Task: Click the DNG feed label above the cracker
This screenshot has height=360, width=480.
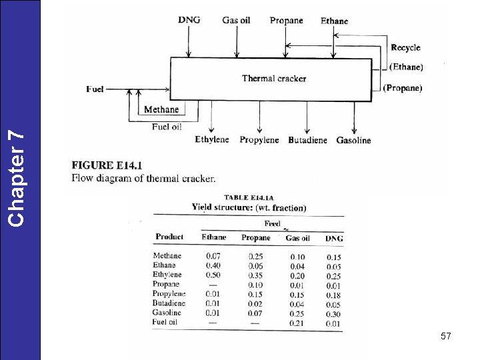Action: pyautogui.click(x=189, y=21)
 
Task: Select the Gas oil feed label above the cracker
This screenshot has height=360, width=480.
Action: pyautogui.click(x=236, y=21)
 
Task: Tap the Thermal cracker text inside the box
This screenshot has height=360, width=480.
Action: pyautogui.click(x=274, y=79)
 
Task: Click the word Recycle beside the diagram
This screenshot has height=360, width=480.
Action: pyautogui.click(x=405, y=47)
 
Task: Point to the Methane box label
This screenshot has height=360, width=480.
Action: pyautogui.click(x=161, y=109)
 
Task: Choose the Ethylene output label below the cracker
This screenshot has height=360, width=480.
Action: pyautogui.click(x=212, y=140)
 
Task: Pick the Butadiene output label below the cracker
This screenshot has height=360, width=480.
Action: pyautogui.click(x=307, y=141)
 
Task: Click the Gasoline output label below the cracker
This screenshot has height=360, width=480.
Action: pyautogui.click(x=353, y=141)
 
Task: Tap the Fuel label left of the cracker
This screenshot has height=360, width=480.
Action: pyautogui.click(x=95, y=89)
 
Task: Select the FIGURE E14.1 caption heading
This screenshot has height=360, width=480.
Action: pyautogui.click(x=106, y=165)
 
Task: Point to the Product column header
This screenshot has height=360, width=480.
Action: pyautogui.click(x=169, y=237)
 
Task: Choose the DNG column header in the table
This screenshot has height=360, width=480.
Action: pyautogui.click(x=334, y=238)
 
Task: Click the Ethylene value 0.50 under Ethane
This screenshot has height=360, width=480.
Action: pyautogui.click(x=213, y=275)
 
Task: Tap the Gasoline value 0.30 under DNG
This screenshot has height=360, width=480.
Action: pyautogui.click(x=334, y=313)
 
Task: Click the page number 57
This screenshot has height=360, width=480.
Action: pyautogui.click(x=446, y=337)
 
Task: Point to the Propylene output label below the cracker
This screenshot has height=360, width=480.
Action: pyautogui.click(x=259, y=140)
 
